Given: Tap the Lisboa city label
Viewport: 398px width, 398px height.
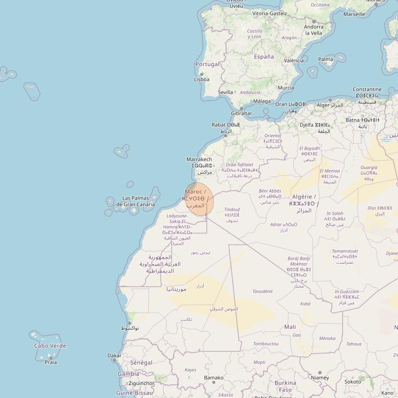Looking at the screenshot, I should click(x=202, y=79).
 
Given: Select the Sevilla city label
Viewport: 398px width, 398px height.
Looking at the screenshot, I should click(x=225, y=92).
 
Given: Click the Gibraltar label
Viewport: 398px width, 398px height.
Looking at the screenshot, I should click(x=241, y=113).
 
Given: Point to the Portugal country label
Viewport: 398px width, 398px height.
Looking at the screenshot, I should click(x=207, y=64).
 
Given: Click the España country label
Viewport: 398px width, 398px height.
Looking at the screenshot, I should click(x=264, y=57).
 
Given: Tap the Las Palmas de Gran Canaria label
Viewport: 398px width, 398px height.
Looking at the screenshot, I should click(x=135, y=201).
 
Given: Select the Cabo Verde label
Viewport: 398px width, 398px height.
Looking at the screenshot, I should click(x=50, y=346).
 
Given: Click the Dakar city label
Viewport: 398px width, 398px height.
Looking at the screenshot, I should click(x=115, y=356).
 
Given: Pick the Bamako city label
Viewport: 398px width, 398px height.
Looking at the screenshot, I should click(x=214, y=378).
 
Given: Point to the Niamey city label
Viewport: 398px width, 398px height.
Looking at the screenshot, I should click(x=320, y=378).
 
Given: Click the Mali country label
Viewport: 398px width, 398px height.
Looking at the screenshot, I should click(x=290, y=327).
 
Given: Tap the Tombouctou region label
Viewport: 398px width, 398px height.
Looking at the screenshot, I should click(x=266, y=344).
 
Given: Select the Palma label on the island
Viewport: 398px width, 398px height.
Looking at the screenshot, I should click(x=326, y=59).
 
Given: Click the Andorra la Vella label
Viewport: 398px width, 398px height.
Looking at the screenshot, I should click(x=314, y=30).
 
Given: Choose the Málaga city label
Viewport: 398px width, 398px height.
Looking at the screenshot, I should click(x=262, y=101).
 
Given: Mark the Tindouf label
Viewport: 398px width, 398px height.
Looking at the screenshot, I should click(x=232, y=210).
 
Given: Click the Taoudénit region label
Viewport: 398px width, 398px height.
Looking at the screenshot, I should click(x=263, y=291).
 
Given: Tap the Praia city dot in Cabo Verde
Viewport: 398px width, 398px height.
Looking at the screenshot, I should click(x=50, y=357).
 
